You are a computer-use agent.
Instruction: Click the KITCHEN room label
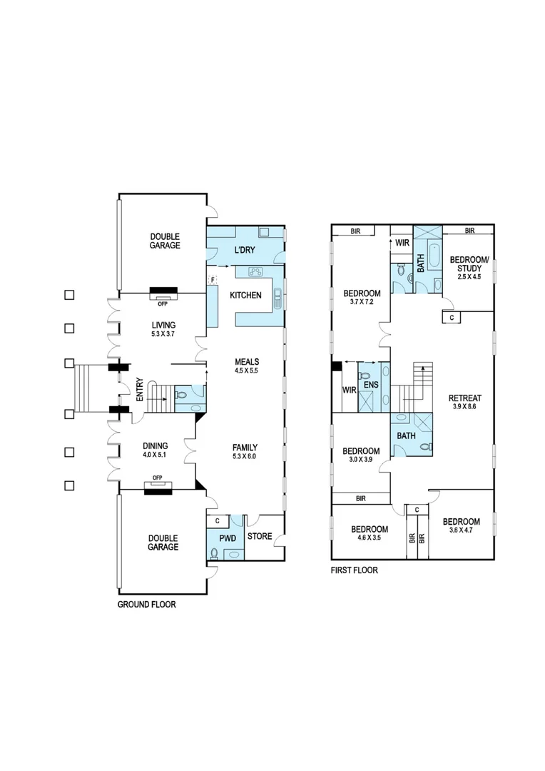coord(245,295)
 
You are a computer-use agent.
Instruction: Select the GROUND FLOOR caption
coord(146,604)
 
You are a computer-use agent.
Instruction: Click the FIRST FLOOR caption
coord(354,570)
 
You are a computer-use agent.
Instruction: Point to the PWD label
coord(227,536)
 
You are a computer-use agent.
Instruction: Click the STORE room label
coord(260,536)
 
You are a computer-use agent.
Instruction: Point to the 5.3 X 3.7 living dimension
coord(159,333)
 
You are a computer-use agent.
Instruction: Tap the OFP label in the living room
coord(163,300)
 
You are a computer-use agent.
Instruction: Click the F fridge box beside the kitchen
coord(212,278)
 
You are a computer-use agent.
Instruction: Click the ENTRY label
coord(141,388)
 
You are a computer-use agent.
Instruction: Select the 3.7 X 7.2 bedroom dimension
coord(362,303)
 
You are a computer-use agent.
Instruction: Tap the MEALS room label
coord(246,361)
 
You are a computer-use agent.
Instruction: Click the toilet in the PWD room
coord(214,552)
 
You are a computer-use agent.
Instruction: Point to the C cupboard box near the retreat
coord(452,316)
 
